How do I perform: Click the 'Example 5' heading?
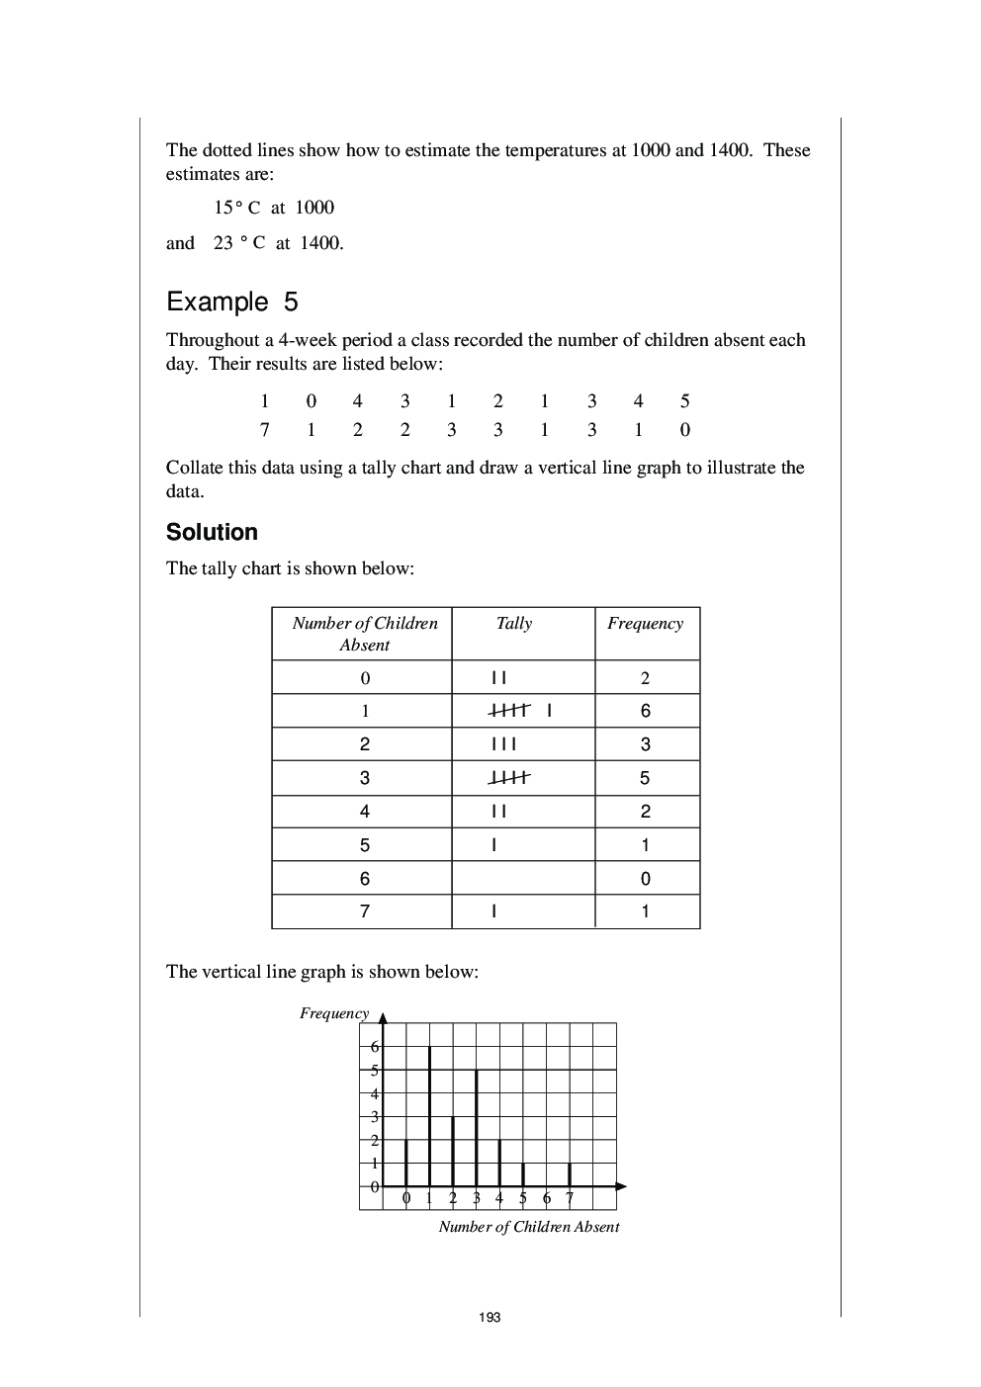click(232, 302)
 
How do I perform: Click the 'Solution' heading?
click(212, 532)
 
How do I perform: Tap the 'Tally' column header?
click(513, 623)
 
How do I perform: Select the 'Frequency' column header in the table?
click(645, 623)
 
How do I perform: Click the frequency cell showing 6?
click(645, 711)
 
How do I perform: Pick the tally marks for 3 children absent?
click(509, 778)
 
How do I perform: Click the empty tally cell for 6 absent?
click(522, 878)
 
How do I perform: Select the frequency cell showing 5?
click(645, 778)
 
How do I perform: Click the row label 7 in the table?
click(365, 911)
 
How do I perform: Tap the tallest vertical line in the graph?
click(429, 1115)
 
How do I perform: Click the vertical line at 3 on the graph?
click(477, 1127)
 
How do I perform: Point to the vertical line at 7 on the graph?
click(570, 1174)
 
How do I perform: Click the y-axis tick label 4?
click(374, 1093)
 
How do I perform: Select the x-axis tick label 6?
click(547, 1199)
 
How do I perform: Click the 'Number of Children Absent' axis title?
click(528, 1227)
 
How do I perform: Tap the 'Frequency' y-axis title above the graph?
click(334, 1013)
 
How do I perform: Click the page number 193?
click(490, 1317)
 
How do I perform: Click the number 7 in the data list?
click(264, 429)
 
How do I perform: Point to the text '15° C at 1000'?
click(274, 208)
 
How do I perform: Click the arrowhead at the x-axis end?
click(620, 1185)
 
